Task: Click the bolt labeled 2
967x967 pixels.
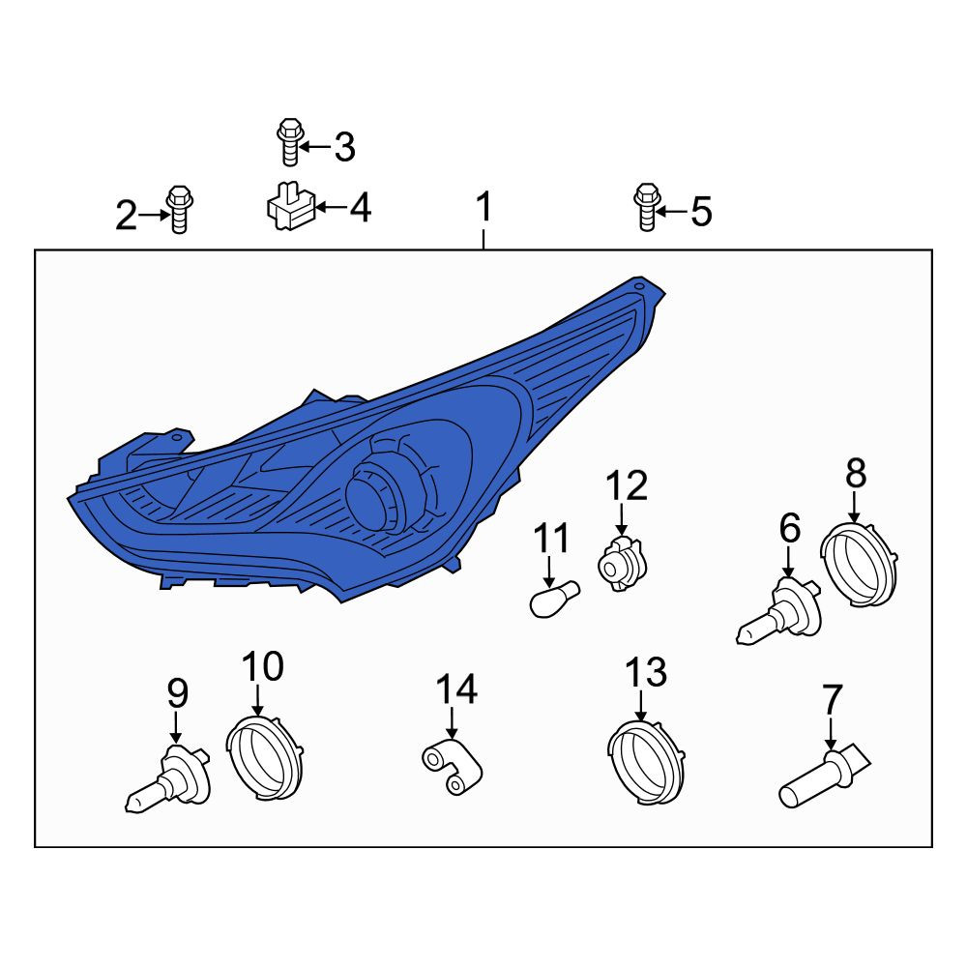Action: pyautogui.click(x=180, y=209)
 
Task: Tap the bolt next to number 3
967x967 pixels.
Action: pyautogui.click(x=290, y=142)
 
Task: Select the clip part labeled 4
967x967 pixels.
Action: pyautogui.click(x=291, y=207)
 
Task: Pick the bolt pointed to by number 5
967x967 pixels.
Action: pyautogui.click(x=647, y=207)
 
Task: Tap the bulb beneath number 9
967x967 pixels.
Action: pyautogui.click(x=167, y=778)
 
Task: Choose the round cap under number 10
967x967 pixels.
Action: pyautogui.click(x=265, y=757)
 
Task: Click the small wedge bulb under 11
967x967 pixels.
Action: pyautogui.click(x=554, y=599)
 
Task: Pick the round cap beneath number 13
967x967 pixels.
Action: pyautogui.click(x=646, y=762)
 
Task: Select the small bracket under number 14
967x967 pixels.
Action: pyautogui.click(x=452, y=767)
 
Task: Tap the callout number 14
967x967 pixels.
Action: pyautogui.click(x=456, y=689)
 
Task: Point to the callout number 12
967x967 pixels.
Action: pyautogui.click(x=627, y=485)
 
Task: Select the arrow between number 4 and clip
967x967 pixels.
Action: pyautogui.click(x=331, y=207)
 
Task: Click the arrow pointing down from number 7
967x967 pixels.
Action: pyautogui.click(x=831, y=732)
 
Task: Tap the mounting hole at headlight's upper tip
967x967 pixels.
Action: pyautogui.click(x=639, y=286)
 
